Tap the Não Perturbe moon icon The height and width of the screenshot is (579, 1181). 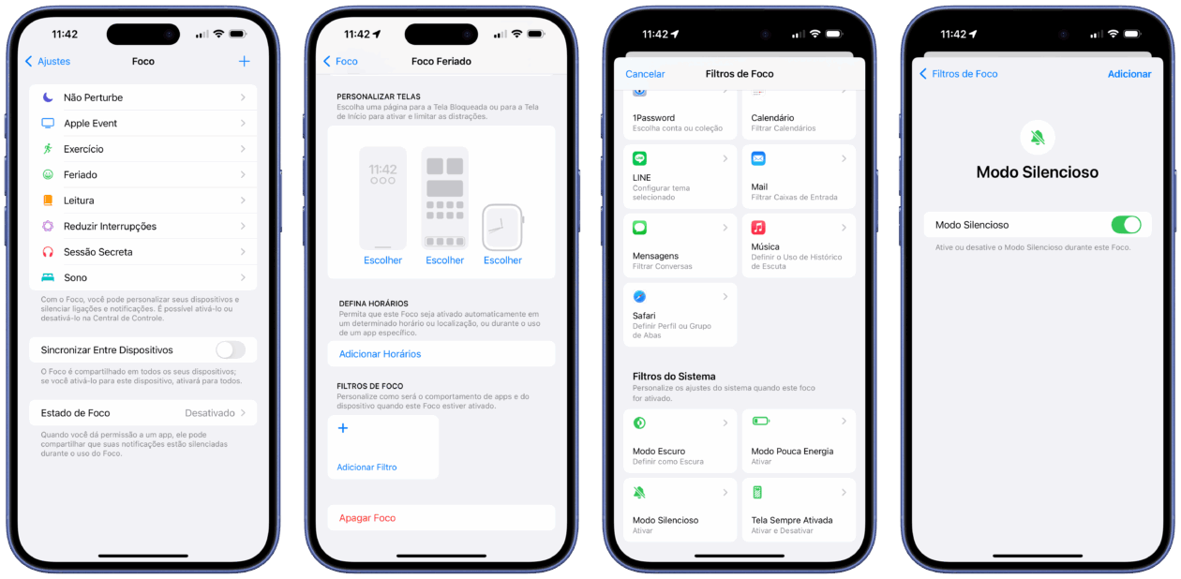pyautogui.click(x=48, y=96)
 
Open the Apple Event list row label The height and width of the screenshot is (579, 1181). pyautogui.click(x=90, y=124)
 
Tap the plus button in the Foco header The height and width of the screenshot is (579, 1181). pyautogui.click(x=244, y=61)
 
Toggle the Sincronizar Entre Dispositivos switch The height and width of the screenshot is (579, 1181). pyautogui.click(x=231, y=349)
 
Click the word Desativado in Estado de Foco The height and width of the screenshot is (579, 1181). pyautogui.click(x=209, y=413)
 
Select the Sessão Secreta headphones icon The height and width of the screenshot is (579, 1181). pyautogui.click(x=48, y=252)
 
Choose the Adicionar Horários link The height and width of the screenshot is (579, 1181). pyautogui.click(x=380, y=354)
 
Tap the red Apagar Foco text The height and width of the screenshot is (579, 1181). pyautogui.click(x=367, y=518)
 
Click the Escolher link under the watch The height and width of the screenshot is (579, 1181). pyautogui.click(x=502, y=260)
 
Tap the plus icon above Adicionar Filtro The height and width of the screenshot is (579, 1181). pyautogui.click(x=343, y=428)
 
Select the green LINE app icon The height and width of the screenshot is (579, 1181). pyautogui.click(x=639, y=158)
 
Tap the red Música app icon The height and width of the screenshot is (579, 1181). pyautogui.click(x=758, y=227)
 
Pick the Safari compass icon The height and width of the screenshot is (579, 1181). pyautogui.click(x=639, y=296)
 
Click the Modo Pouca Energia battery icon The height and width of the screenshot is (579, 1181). pyautogui.click(x=761, y=421)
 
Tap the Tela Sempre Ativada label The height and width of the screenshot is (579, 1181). pyautogui.click(x=792, y=520)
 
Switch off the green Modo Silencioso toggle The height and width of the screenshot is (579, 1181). pyautogui.click(x=1127, y=225)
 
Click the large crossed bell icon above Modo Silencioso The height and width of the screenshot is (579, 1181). pyautogui.click(x=1037, y=138)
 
